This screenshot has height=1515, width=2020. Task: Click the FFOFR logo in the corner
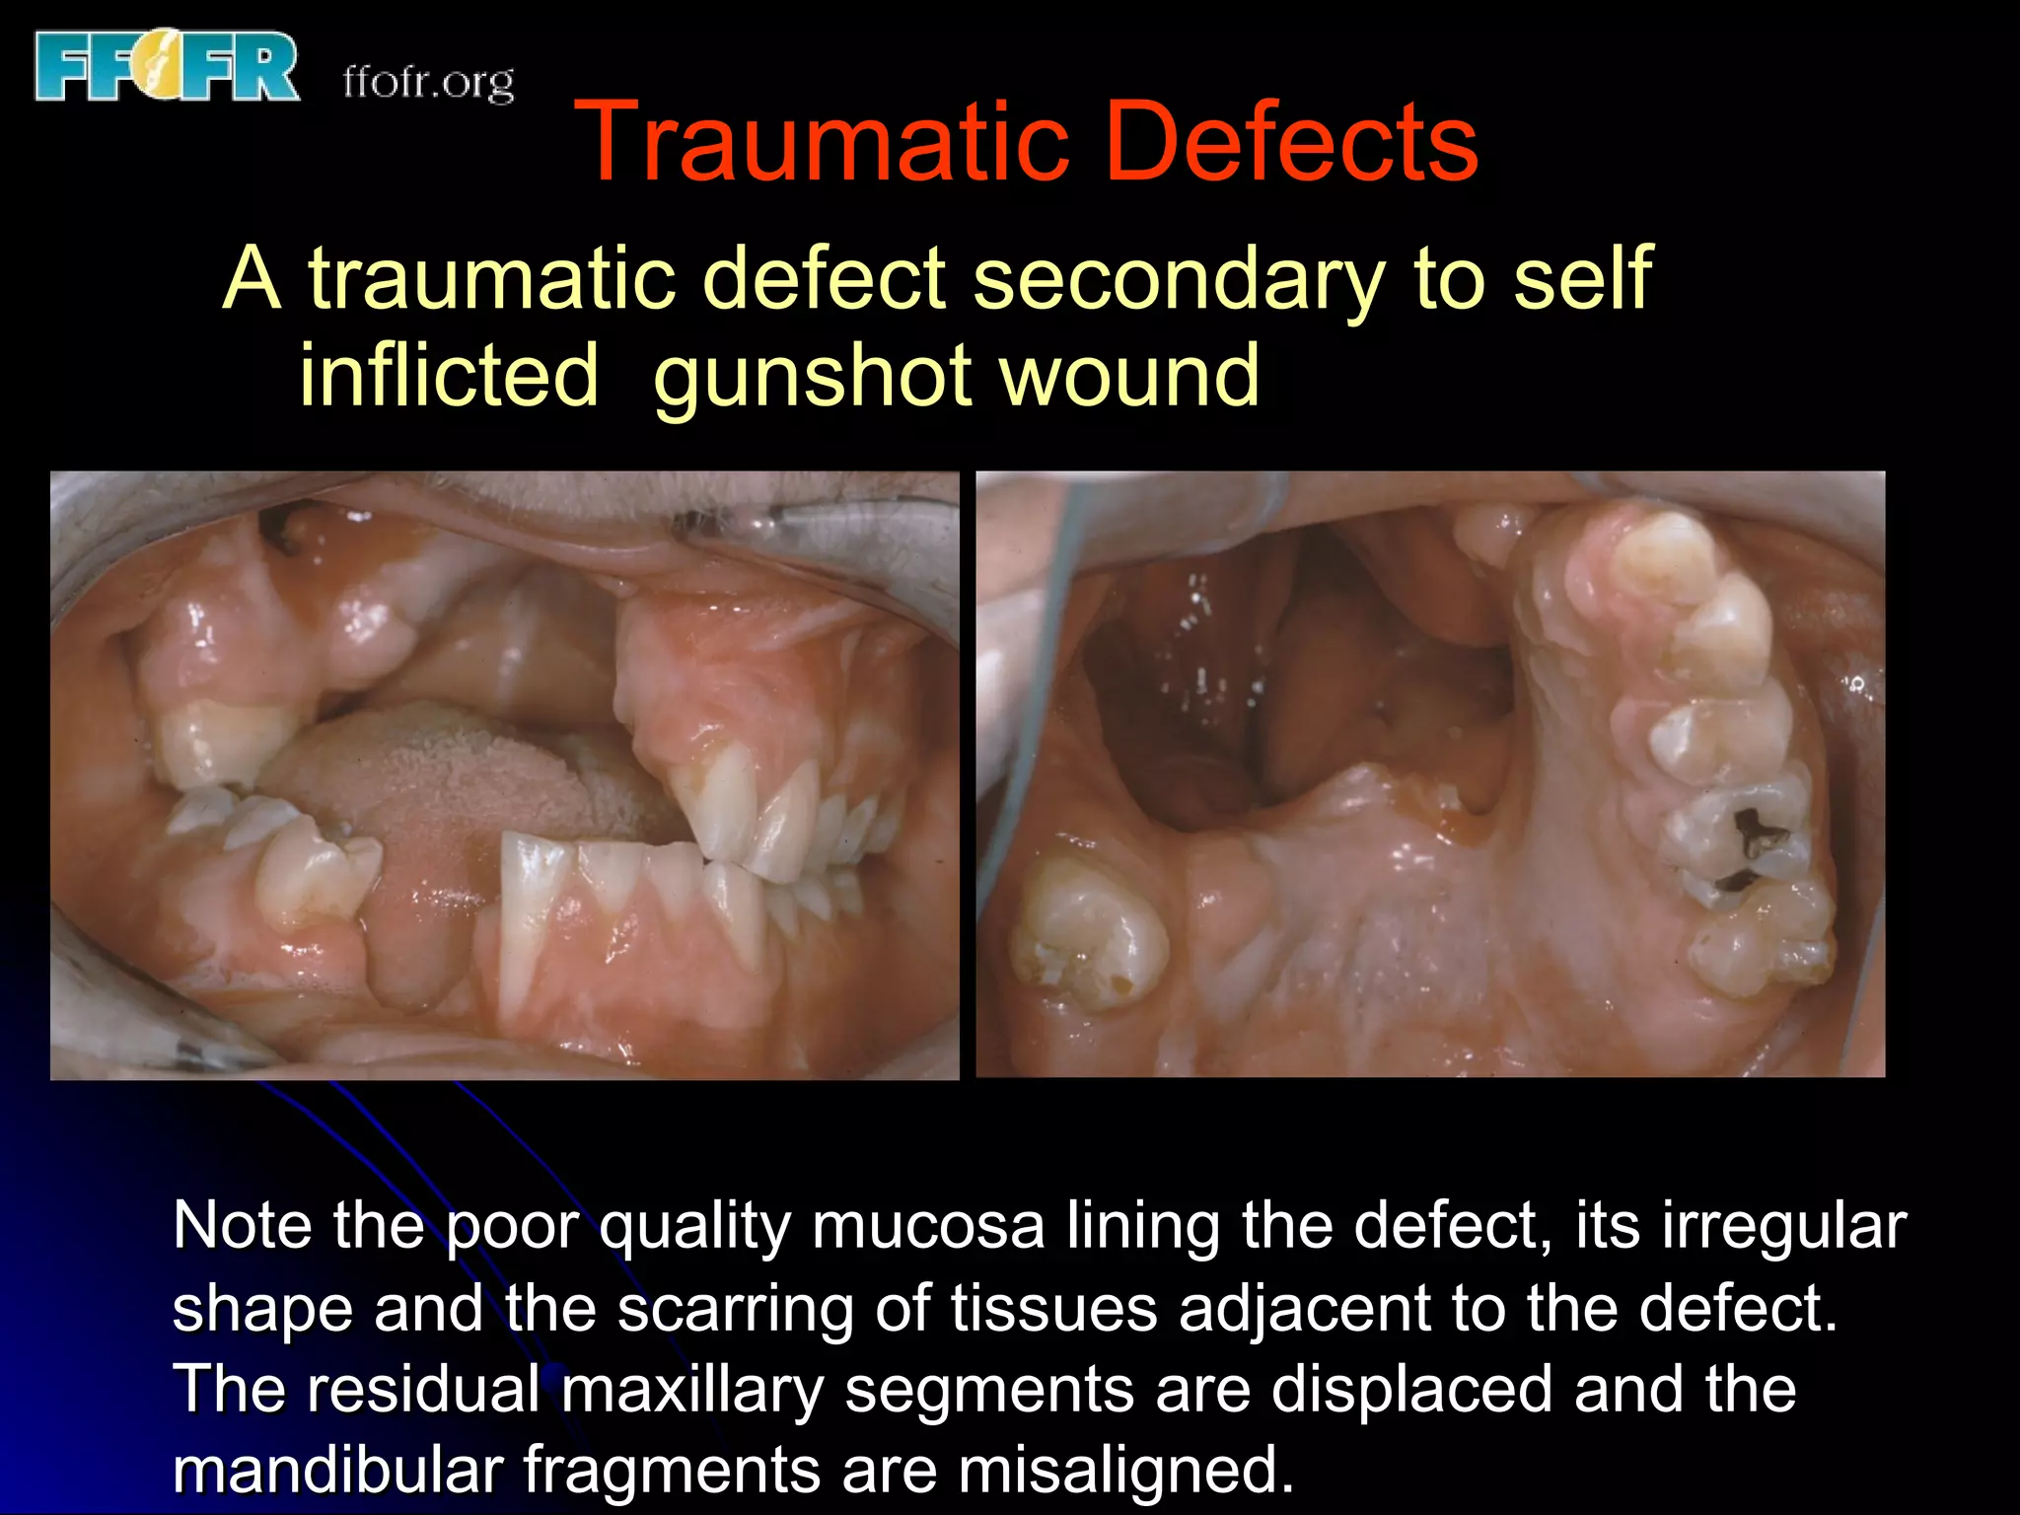point(166,67)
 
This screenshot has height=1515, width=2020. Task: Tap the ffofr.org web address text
point(428,81)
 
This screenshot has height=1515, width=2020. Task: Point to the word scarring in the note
point(736,1310)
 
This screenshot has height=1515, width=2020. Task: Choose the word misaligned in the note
point(1124,1470)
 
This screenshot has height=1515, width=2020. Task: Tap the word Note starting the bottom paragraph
point(242,1226)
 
